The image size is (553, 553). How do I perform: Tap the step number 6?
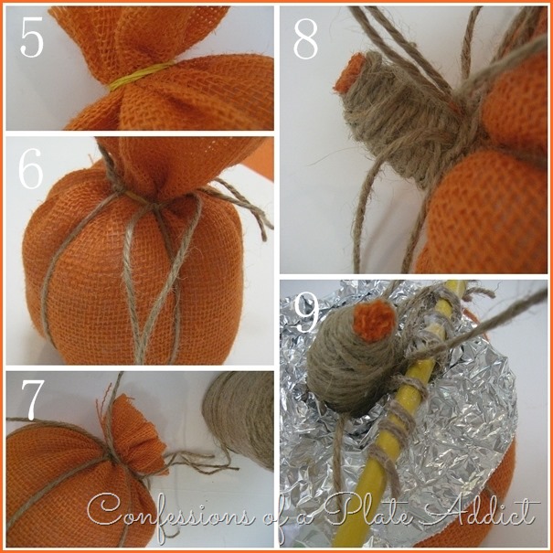click(x=31, y=169)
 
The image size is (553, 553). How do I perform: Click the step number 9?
click(x=306, y=314)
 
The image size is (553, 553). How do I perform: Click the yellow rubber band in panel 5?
click(x=141, y=76)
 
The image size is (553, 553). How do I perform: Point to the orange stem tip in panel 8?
click(x=347, y=73)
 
